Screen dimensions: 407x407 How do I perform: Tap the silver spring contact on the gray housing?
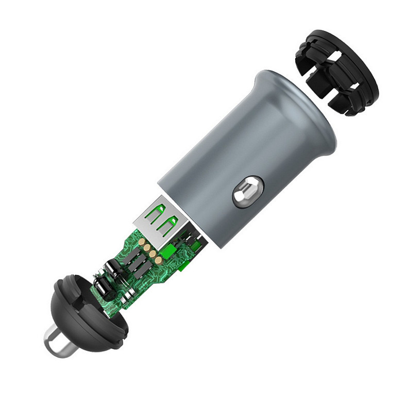(246, 192)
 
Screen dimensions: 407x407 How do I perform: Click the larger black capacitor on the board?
(110, 268)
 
